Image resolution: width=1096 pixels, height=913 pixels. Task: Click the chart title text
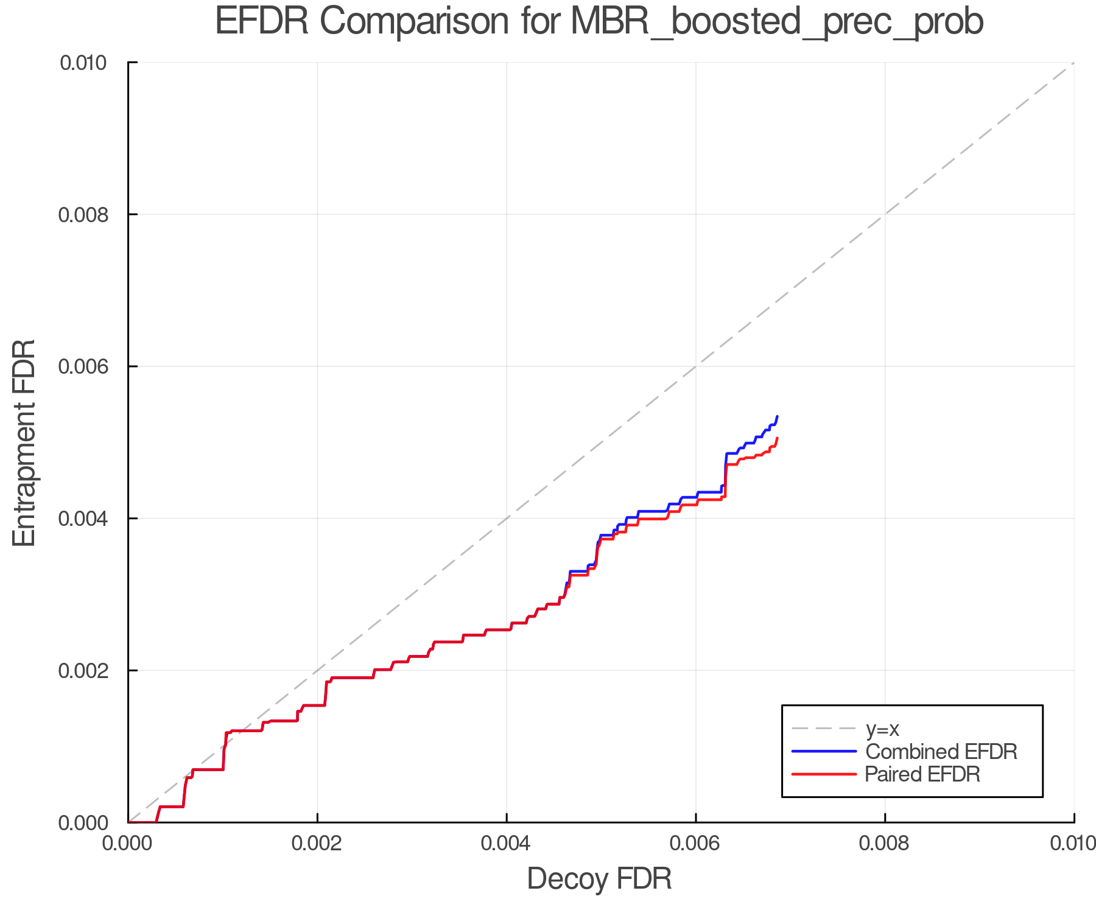[599, 22]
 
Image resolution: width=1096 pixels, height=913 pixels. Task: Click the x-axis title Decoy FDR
[599, 878]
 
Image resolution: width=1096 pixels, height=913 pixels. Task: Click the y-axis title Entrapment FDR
[24, 443]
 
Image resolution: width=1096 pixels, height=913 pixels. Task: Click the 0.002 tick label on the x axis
[317, 843]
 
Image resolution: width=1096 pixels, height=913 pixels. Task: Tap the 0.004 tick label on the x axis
[507, 843]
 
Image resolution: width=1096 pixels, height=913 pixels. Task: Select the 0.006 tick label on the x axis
[696, 843]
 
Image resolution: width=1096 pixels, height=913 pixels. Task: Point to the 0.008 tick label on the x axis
[885, 843]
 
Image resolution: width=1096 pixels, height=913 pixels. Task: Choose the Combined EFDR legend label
[941, 752]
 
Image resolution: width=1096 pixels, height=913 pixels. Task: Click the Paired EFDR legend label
[922, 774]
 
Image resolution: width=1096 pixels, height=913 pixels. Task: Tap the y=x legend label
[882, 729]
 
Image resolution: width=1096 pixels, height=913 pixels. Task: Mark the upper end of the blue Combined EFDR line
[778, 416]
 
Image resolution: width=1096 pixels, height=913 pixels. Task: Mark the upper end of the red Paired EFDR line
[778, 438]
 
